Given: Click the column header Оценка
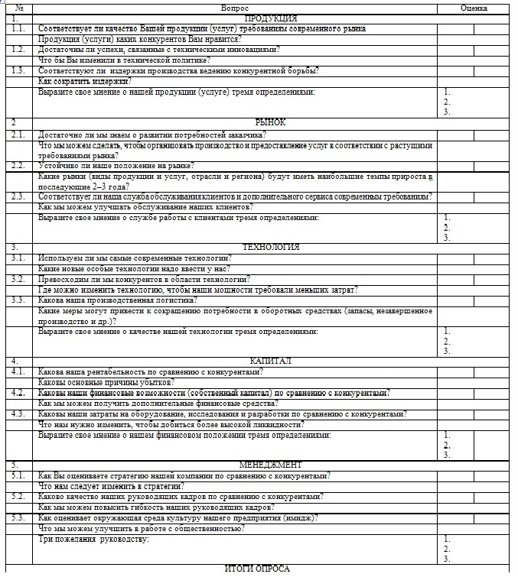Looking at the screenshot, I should point(474,8).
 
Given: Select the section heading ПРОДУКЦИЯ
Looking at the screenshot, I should point(271,18).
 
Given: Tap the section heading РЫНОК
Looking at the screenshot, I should point(271,122).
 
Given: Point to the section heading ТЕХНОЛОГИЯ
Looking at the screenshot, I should point(271,248).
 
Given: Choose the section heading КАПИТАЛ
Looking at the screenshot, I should point(271,361).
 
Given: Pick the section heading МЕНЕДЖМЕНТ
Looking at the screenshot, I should point(271,465).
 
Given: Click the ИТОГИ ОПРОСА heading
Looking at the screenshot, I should point(257,569).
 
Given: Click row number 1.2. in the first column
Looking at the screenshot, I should point(18,49).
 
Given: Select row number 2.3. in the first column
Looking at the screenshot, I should point(18,196).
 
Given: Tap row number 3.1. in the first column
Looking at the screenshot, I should point(18,258).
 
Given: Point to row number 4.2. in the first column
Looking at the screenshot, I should point(18,393).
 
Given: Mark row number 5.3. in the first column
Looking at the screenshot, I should point(18,517).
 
